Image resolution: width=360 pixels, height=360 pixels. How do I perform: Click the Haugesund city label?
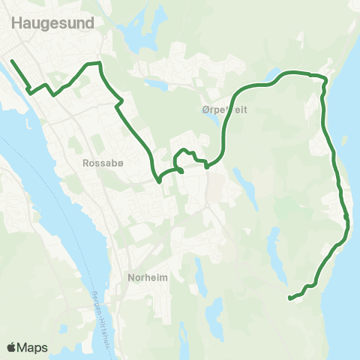tap(52, 23)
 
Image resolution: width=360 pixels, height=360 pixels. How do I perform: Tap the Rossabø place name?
tap(98, 161)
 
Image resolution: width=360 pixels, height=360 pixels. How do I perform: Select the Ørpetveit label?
tap(225, 109)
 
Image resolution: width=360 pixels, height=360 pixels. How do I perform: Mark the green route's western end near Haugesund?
tap(12, 60)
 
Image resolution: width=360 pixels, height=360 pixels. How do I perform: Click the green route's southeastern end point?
tap(289, 298)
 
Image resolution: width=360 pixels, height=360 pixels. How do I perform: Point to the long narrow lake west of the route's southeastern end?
tap(276, 251)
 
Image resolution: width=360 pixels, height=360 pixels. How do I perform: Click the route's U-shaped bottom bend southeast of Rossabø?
tap(159, 179)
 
